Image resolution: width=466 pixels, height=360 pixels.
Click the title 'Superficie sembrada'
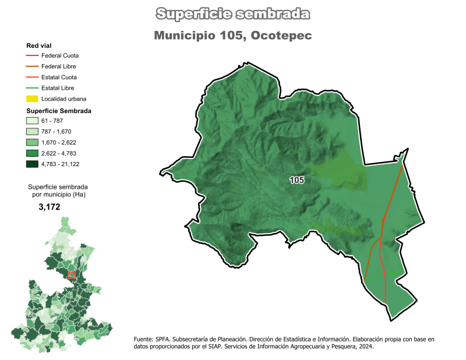(x=233, y=13)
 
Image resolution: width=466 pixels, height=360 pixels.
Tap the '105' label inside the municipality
(x=296, y=181)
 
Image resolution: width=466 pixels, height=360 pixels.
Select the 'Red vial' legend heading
(x=38, y=45)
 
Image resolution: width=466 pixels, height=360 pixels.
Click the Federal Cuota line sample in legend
(x=32, y=56)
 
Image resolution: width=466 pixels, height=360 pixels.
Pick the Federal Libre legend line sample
(x=32, y=66)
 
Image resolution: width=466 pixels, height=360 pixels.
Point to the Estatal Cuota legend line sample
(x=32, y=77)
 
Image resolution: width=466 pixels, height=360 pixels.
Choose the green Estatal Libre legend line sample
(x=32, y=88)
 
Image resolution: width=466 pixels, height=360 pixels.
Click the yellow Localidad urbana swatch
(x=32, y=99)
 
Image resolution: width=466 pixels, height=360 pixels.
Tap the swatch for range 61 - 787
(x=32, y=121)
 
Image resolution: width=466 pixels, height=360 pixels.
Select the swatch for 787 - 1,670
(x=32, y=132)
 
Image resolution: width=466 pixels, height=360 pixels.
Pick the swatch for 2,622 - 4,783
(x=32, y=153)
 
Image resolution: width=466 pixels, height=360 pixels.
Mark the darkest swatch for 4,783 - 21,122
(x=32, y=164)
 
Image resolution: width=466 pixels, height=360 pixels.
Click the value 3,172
(x=50, y=207)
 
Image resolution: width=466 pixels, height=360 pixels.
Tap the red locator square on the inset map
(x=72, y=275)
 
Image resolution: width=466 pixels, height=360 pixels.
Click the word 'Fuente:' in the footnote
(x=144, y=338)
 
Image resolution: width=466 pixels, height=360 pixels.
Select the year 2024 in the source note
(x=366, y=346)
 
